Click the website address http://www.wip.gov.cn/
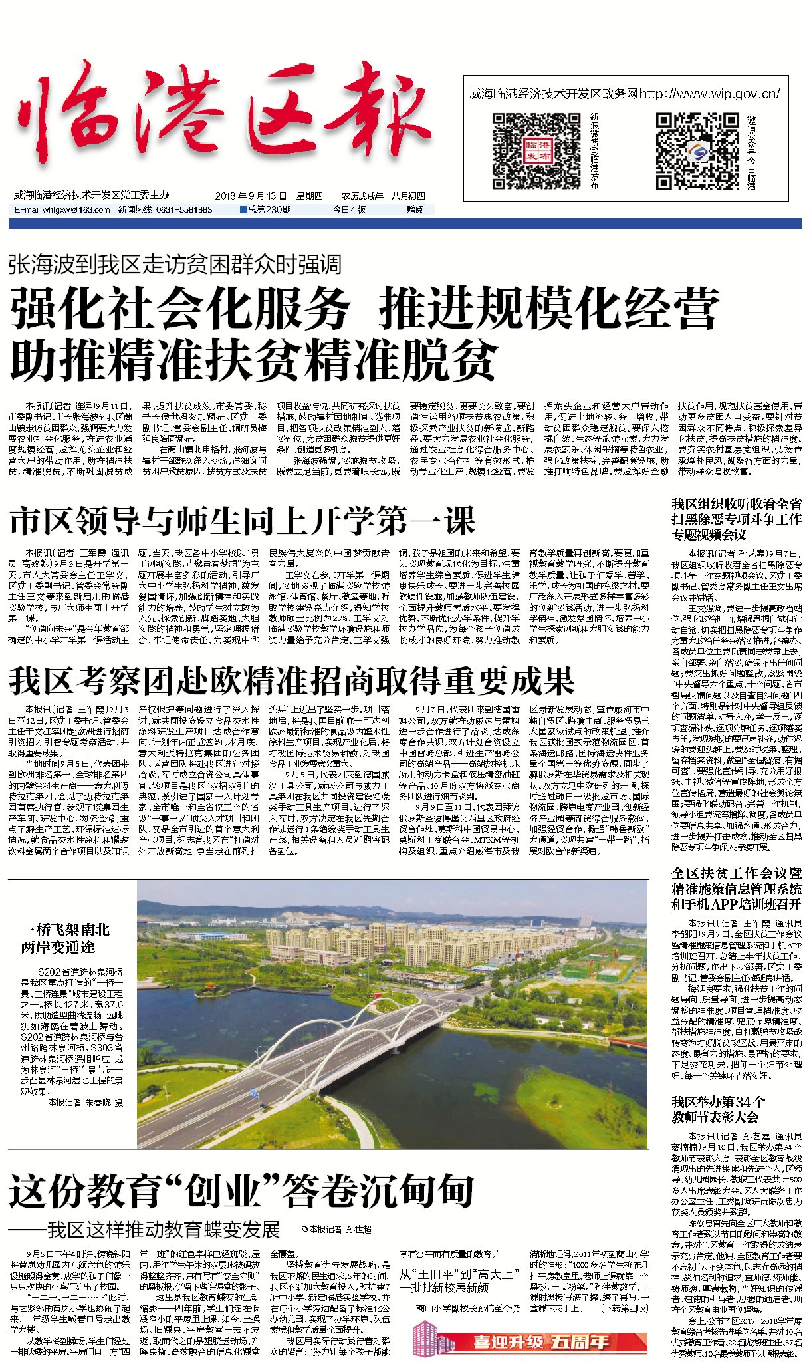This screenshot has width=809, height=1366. tap(709, 94)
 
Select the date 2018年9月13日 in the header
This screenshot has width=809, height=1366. tap(251, 196)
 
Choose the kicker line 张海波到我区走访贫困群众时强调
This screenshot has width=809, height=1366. tap(175, 265)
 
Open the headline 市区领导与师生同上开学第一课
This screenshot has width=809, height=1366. tap(243, 521)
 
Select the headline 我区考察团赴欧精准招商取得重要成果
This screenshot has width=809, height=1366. tap(291, 680)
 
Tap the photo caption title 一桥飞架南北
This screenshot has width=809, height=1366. tap(65, 930)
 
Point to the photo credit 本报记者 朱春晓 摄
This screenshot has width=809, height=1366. tap(85, 1102)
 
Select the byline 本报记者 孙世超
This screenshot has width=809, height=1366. tap(340, 1230)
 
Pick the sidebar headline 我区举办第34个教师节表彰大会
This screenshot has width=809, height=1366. tap(718, 1109)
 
